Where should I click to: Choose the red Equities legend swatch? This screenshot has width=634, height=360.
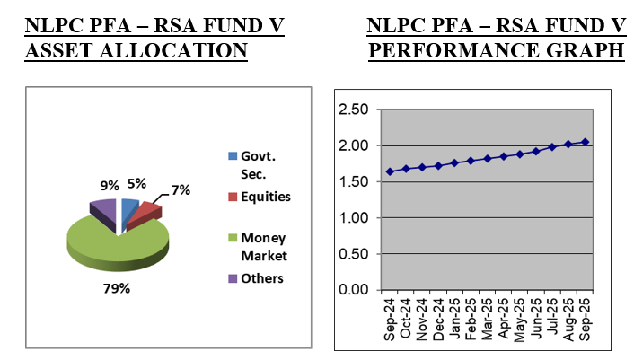[233, 196]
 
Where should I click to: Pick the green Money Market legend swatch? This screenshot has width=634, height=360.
[233, 237]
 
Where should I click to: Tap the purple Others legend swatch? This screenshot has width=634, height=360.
[233, 278]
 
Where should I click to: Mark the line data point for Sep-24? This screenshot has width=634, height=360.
[390, 171]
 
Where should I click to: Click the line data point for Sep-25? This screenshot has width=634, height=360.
[586, 142]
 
